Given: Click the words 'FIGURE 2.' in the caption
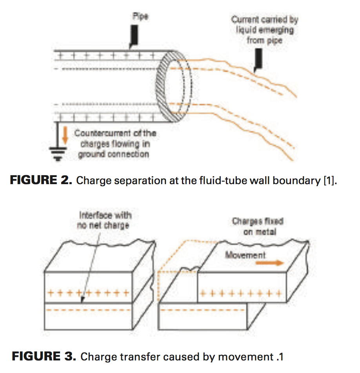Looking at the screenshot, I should [x=41, y=181].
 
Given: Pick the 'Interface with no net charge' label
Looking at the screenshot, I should [x=105, y=220].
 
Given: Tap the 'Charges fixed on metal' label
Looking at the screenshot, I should [x=257, y=226].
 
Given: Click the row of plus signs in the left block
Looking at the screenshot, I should [x=88, y=293].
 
